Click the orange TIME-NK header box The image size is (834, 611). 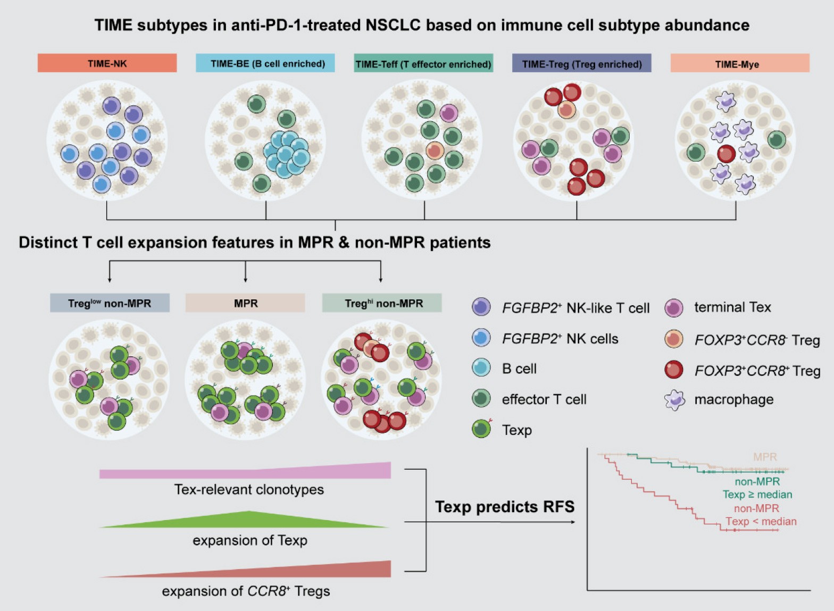point(107,63)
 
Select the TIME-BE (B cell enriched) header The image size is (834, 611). point(265,63)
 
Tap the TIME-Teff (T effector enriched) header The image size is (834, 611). point(423,63)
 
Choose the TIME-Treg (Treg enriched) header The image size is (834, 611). point(581,63)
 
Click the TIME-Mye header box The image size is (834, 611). point(740,63)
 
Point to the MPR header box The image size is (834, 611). point(245,303)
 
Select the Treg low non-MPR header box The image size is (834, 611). point(110,303)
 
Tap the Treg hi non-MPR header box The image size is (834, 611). point(382,303)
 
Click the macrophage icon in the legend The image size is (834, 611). point(674,400)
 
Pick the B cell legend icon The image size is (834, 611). point(481,368)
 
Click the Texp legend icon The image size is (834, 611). point(481,429)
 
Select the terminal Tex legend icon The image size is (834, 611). point(674,307)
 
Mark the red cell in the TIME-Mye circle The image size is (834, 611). point(726,154)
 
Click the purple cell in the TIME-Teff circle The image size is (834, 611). point(449,113)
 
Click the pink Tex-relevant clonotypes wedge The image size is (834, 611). point(319,472)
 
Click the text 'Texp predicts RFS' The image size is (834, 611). point(505,507)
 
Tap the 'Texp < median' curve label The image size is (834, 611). point(761,522)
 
